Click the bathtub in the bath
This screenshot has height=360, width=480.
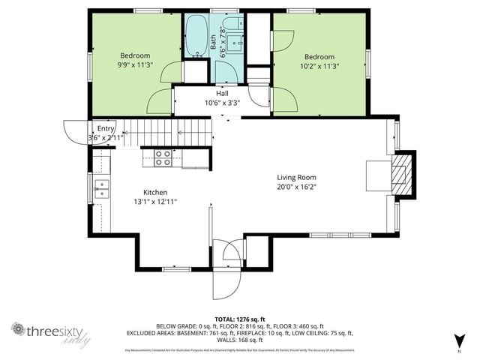[x=197, y=35]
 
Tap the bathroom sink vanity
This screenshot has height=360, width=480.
[x=233, y=42]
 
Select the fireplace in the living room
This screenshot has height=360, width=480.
[x=403, y=173]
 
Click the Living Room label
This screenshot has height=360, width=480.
[x=296, y=177]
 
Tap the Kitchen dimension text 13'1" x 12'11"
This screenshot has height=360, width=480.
[x=155, y=202]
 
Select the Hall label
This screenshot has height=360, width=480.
[x=222, y=94]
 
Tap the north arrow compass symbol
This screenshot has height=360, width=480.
[x=458, y=340]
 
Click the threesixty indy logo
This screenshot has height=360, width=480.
[x=50, y=332]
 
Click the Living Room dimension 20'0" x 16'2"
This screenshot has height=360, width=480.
[x=296, y=187]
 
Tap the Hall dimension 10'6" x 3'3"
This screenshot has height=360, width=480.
[x=222, y=103]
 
